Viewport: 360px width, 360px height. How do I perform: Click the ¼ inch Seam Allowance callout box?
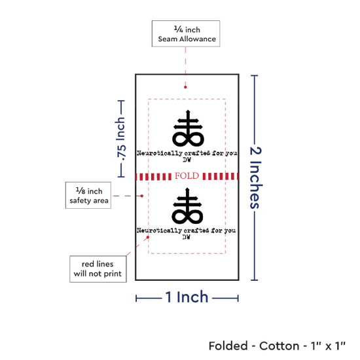pyautogui.click(x=186, y=33)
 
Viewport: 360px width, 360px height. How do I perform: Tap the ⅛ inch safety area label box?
pyautogui.click(x=88, y=196)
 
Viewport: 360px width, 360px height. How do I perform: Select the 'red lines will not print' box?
pyautogui.click(x=98, y=269)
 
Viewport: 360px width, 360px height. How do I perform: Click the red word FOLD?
pyautogui.click(x=187, y=176)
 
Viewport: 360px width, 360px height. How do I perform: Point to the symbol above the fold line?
pyautogui.click(x=188, y=128)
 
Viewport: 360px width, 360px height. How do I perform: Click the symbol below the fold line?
pyautogui.click(x=187, y=206)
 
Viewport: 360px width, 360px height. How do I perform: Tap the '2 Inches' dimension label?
pyautogui.click(x=256, y=177)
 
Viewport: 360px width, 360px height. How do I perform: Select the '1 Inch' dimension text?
pyautogui.click(x=187, y=297)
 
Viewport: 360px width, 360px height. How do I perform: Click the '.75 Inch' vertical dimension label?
pyautogui.click(x=120, y=139)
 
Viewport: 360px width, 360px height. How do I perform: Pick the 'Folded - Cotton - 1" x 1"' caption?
pyautogui.click(x=277, y=346)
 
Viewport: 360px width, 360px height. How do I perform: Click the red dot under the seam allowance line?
pyautogui.click(x=185, y=87)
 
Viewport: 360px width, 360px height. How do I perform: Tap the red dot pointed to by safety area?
pyautogui.click(x=142, y=196)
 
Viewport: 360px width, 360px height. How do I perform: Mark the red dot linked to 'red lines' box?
pyautogui.click(x=148, y=237)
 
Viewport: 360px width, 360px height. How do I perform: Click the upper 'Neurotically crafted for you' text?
pyautogui.click(x=187, y=153)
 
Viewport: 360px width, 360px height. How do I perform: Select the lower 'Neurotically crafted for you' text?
pyautogui.click(x=186, y=230)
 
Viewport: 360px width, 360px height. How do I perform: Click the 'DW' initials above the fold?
pyautogui.click(x=187, y=160)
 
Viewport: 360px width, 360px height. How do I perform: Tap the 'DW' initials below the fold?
pyautogui.click(x=186, y=237)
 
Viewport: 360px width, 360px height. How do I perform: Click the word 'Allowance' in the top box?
pyautogui.click(x=198, y=39)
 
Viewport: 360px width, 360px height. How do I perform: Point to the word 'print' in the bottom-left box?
pyautogui.click(x=113, y=274)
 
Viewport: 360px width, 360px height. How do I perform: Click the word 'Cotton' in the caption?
pyautogui.click(x=279, y=346)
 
